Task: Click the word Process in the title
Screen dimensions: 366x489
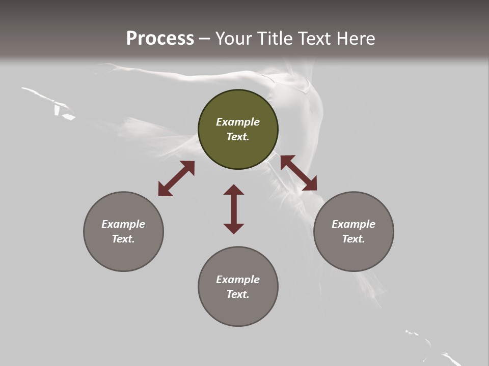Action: click(160, 39)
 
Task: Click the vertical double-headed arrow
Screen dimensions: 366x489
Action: click(234, 209)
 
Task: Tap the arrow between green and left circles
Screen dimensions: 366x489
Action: click(176, 178)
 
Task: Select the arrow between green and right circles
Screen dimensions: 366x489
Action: click(298, 173)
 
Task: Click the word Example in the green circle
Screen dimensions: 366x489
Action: click(238, 122)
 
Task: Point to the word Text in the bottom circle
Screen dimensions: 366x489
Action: click(238, 294)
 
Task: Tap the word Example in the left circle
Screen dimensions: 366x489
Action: click(123, 224)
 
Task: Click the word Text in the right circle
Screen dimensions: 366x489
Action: click(354, 239)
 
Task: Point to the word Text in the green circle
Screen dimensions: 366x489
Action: click(238, 137)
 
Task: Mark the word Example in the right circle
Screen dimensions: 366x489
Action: click(354, 224)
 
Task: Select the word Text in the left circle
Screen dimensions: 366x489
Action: click(123, 239)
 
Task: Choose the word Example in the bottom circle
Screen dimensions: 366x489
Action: click(238, 280)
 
